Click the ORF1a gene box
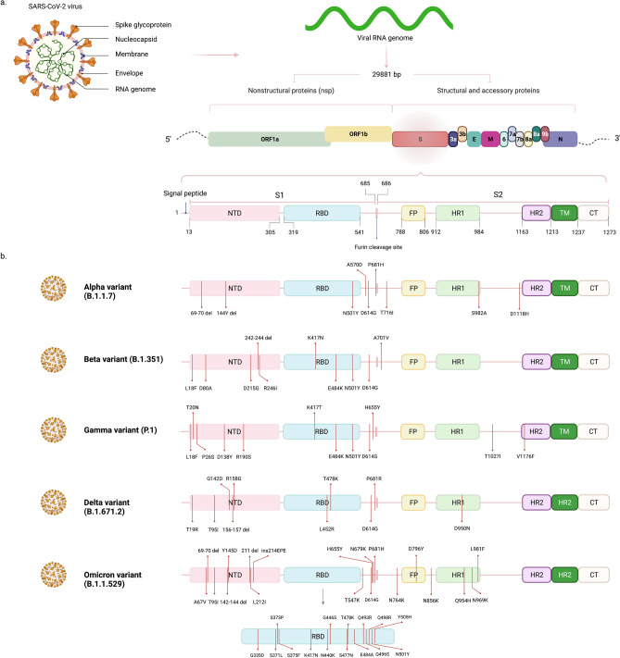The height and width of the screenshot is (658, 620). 263,139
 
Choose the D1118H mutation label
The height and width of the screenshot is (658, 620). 525,314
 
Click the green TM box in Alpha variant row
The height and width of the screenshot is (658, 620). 564,289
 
